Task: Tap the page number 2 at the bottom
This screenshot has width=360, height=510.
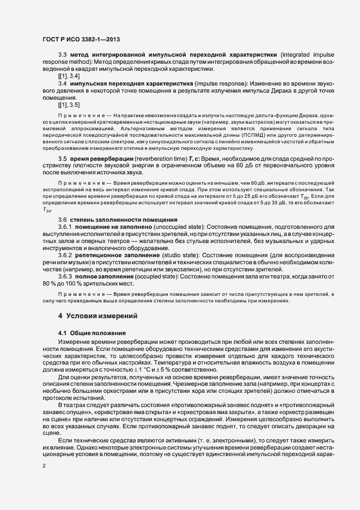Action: [44, 466]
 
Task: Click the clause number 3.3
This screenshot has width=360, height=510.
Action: [62, 55]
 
